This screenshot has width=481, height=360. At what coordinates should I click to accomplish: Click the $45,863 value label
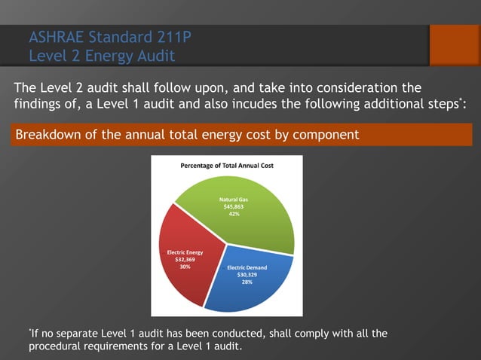234,206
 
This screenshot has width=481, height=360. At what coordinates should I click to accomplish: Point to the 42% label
234,214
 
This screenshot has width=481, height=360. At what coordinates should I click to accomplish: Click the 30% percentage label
182,267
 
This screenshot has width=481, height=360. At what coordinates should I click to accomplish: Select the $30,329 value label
247,275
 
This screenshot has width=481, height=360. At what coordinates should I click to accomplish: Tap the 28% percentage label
247,282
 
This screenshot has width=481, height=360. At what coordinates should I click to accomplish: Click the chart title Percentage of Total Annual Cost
226,165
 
